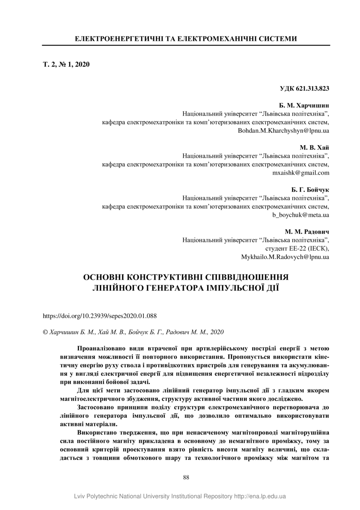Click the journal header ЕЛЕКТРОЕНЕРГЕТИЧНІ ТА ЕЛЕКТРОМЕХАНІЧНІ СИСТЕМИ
(x=186, y=39)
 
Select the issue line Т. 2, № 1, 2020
(x=66, y=64)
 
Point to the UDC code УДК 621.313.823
(x=305, y=88)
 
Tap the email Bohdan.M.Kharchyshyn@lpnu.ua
(x=284, y=130)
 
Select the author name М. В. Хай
(x=315, y=148)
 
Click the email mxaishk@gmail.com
(x=301, y=173)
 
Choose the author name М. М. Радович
(x=307, y=232)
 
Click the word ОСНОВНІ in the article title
(x=109, y=276)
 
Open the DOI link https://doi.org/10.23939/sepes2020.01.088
(x=100, y=316)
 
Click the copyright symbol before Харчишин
(x=45, y=331)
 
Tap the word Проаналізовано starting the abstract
(x=99, y=348)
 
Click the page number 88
(x=186, y=478)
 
